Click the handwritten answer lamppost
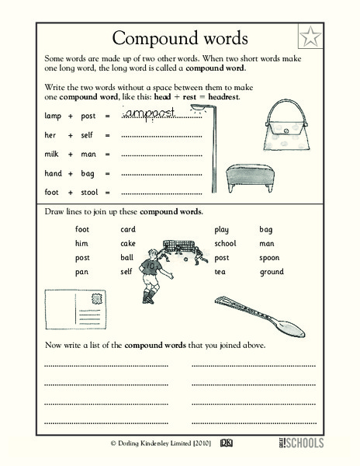(157, 114)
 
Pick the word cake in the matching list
(128, 243)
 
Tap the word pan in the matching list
(81, 272)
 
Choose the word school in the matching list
(226, 243)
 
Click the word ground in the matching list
(272, 272)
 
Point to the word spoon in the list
(269, 257)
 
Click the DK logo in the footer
(229, 441)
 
